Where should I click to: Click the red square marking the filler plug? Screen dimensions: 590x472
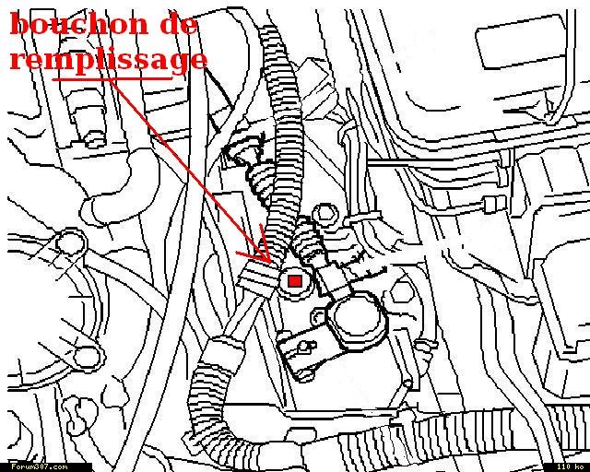point(295,281)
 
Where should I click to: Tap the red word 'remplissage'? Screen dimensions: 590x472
point(109,60)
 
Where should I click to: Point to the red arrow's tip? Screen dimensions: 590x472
point(269,262)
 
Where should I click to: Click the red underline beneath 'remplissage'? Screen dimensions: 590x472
point(112,79)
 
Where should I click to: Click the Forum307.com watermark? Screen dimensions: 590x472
point(39,467)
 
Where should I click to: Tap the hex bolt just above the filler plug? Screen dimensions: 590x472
point(324,214)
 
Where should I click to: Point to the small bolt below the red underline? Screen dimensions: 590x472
point(93,139)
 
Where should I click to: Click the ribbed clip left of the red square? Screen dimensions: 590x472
point(259,280)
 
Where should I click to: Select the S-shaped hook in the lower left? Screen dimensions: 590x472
point(78,413)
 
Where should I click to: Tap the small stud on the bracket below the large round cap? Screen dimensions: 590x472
point(305,347)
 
